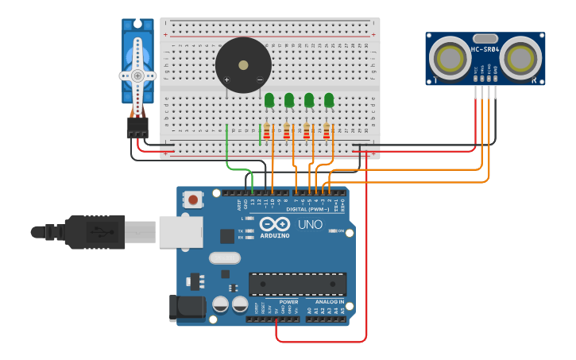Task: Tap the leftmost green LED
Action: point(269,99)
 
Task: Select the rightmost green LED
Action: point(329,99)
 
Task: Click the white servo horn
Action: point(138,75)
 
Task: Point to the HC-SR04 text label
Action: point(485,50)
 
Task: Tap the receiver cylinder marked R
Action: point(521,57)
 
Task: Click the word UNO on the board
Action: point(310,225)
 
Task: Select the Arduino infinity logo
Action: point(274,225)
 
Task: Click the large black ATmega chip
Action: point(297,284)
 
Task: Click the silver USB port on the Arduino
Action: point(181,231)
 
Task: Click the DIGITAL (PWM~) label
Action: point(307,209)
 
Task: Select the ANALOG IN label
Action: point(330,302)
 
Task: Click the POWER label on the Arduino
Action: point(288,302)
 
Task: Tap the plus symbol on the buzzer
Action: point(227,79)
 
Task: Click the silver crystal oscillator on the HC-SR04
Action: point(485,38)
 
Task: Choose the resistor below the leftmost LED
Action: point(267,131)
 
